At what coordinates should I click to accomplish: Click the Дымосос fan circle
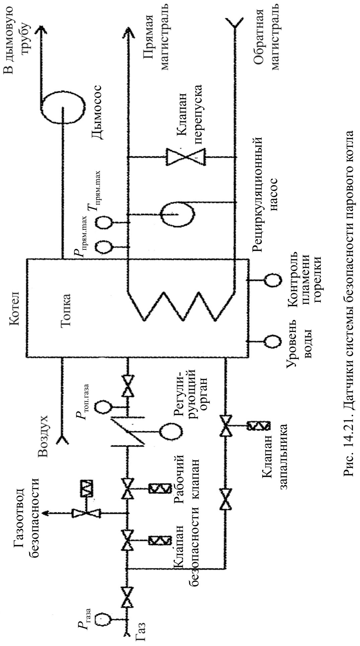63,108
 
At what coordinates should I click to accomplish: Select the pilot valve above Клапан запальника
226,425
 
